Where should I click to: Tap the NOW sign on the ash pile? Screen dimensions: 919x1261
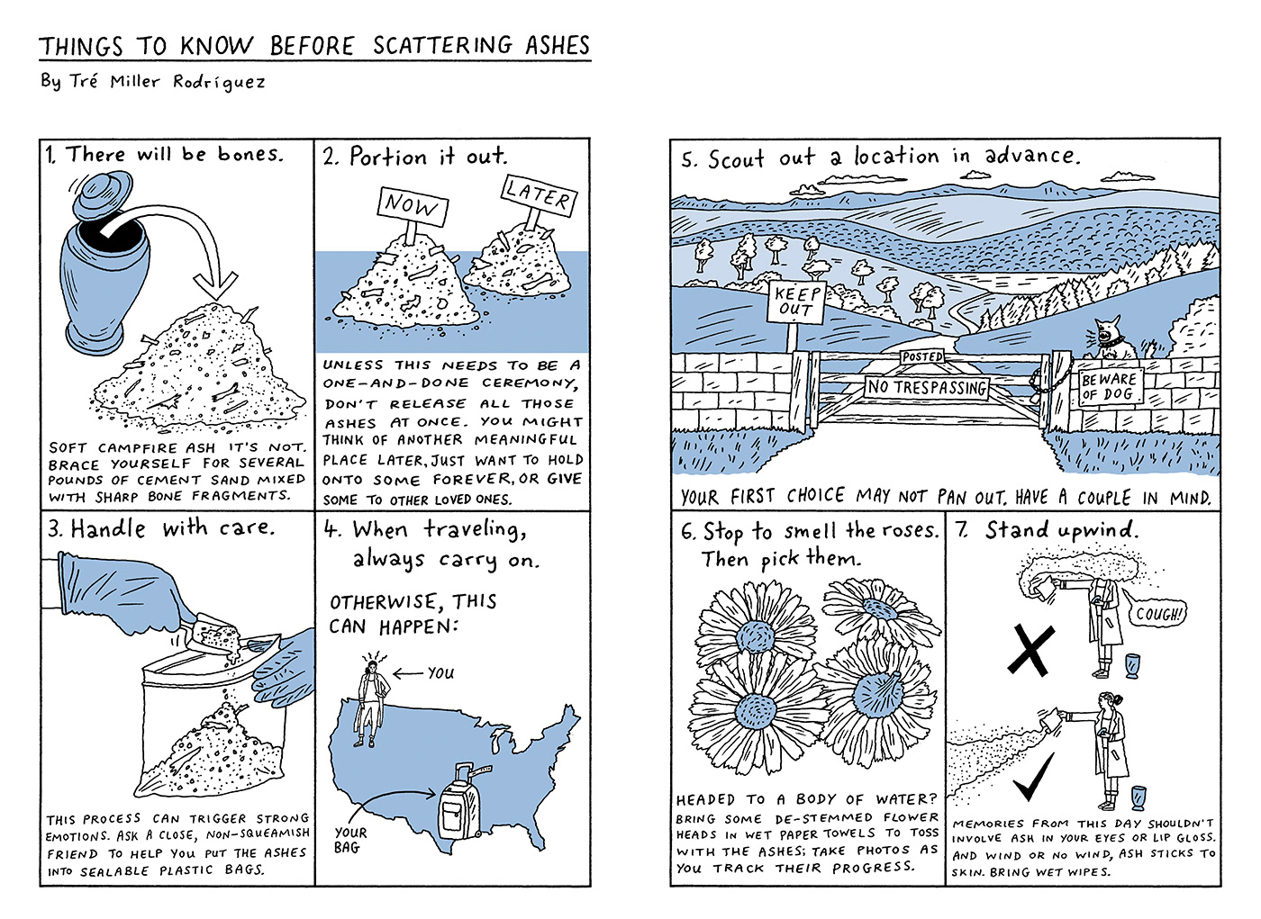(x=412, y=205)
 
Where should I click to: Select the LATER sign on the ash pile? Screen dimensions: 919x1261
(x=538, y=194)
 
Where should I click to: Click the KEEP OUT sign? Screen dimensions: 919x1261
(x=797, y=302)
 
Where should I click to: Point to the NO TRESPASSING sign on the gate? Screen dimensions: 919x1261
(x=927, y=388)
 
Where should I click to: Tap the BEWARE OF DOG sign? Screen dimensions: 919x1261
(x=1109, y=387)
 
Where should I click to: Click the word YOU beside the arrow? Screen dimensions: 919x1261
(x=440, y=672)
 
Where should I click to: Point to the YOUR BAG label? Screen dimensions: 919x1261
(x=349, y=840)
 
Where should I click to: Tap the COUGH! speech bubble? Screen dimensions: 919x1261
(x=1160, y=615)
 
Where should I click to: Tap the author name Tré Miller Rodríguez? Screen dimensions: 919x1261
(x=153, y=82)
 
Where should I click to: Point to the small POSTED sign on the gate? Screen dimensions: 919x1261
(x=922, y=357)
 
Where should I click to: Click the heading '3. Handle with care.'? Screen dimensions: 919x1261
(x=160, y=528)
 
